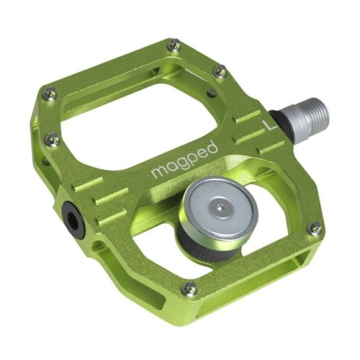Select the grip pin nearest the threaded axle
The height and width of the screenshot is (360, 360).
pos(221,71)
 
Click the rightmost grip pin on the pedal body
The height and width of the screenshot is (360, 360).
pos(314,229)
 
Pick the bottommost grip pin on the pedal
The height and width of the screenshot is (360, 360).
pos(189,289)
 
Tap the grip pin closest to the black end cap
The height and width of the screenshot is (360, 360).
pos(51,138)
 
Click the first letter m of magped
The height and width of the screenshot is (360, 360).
pos(157,173)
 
